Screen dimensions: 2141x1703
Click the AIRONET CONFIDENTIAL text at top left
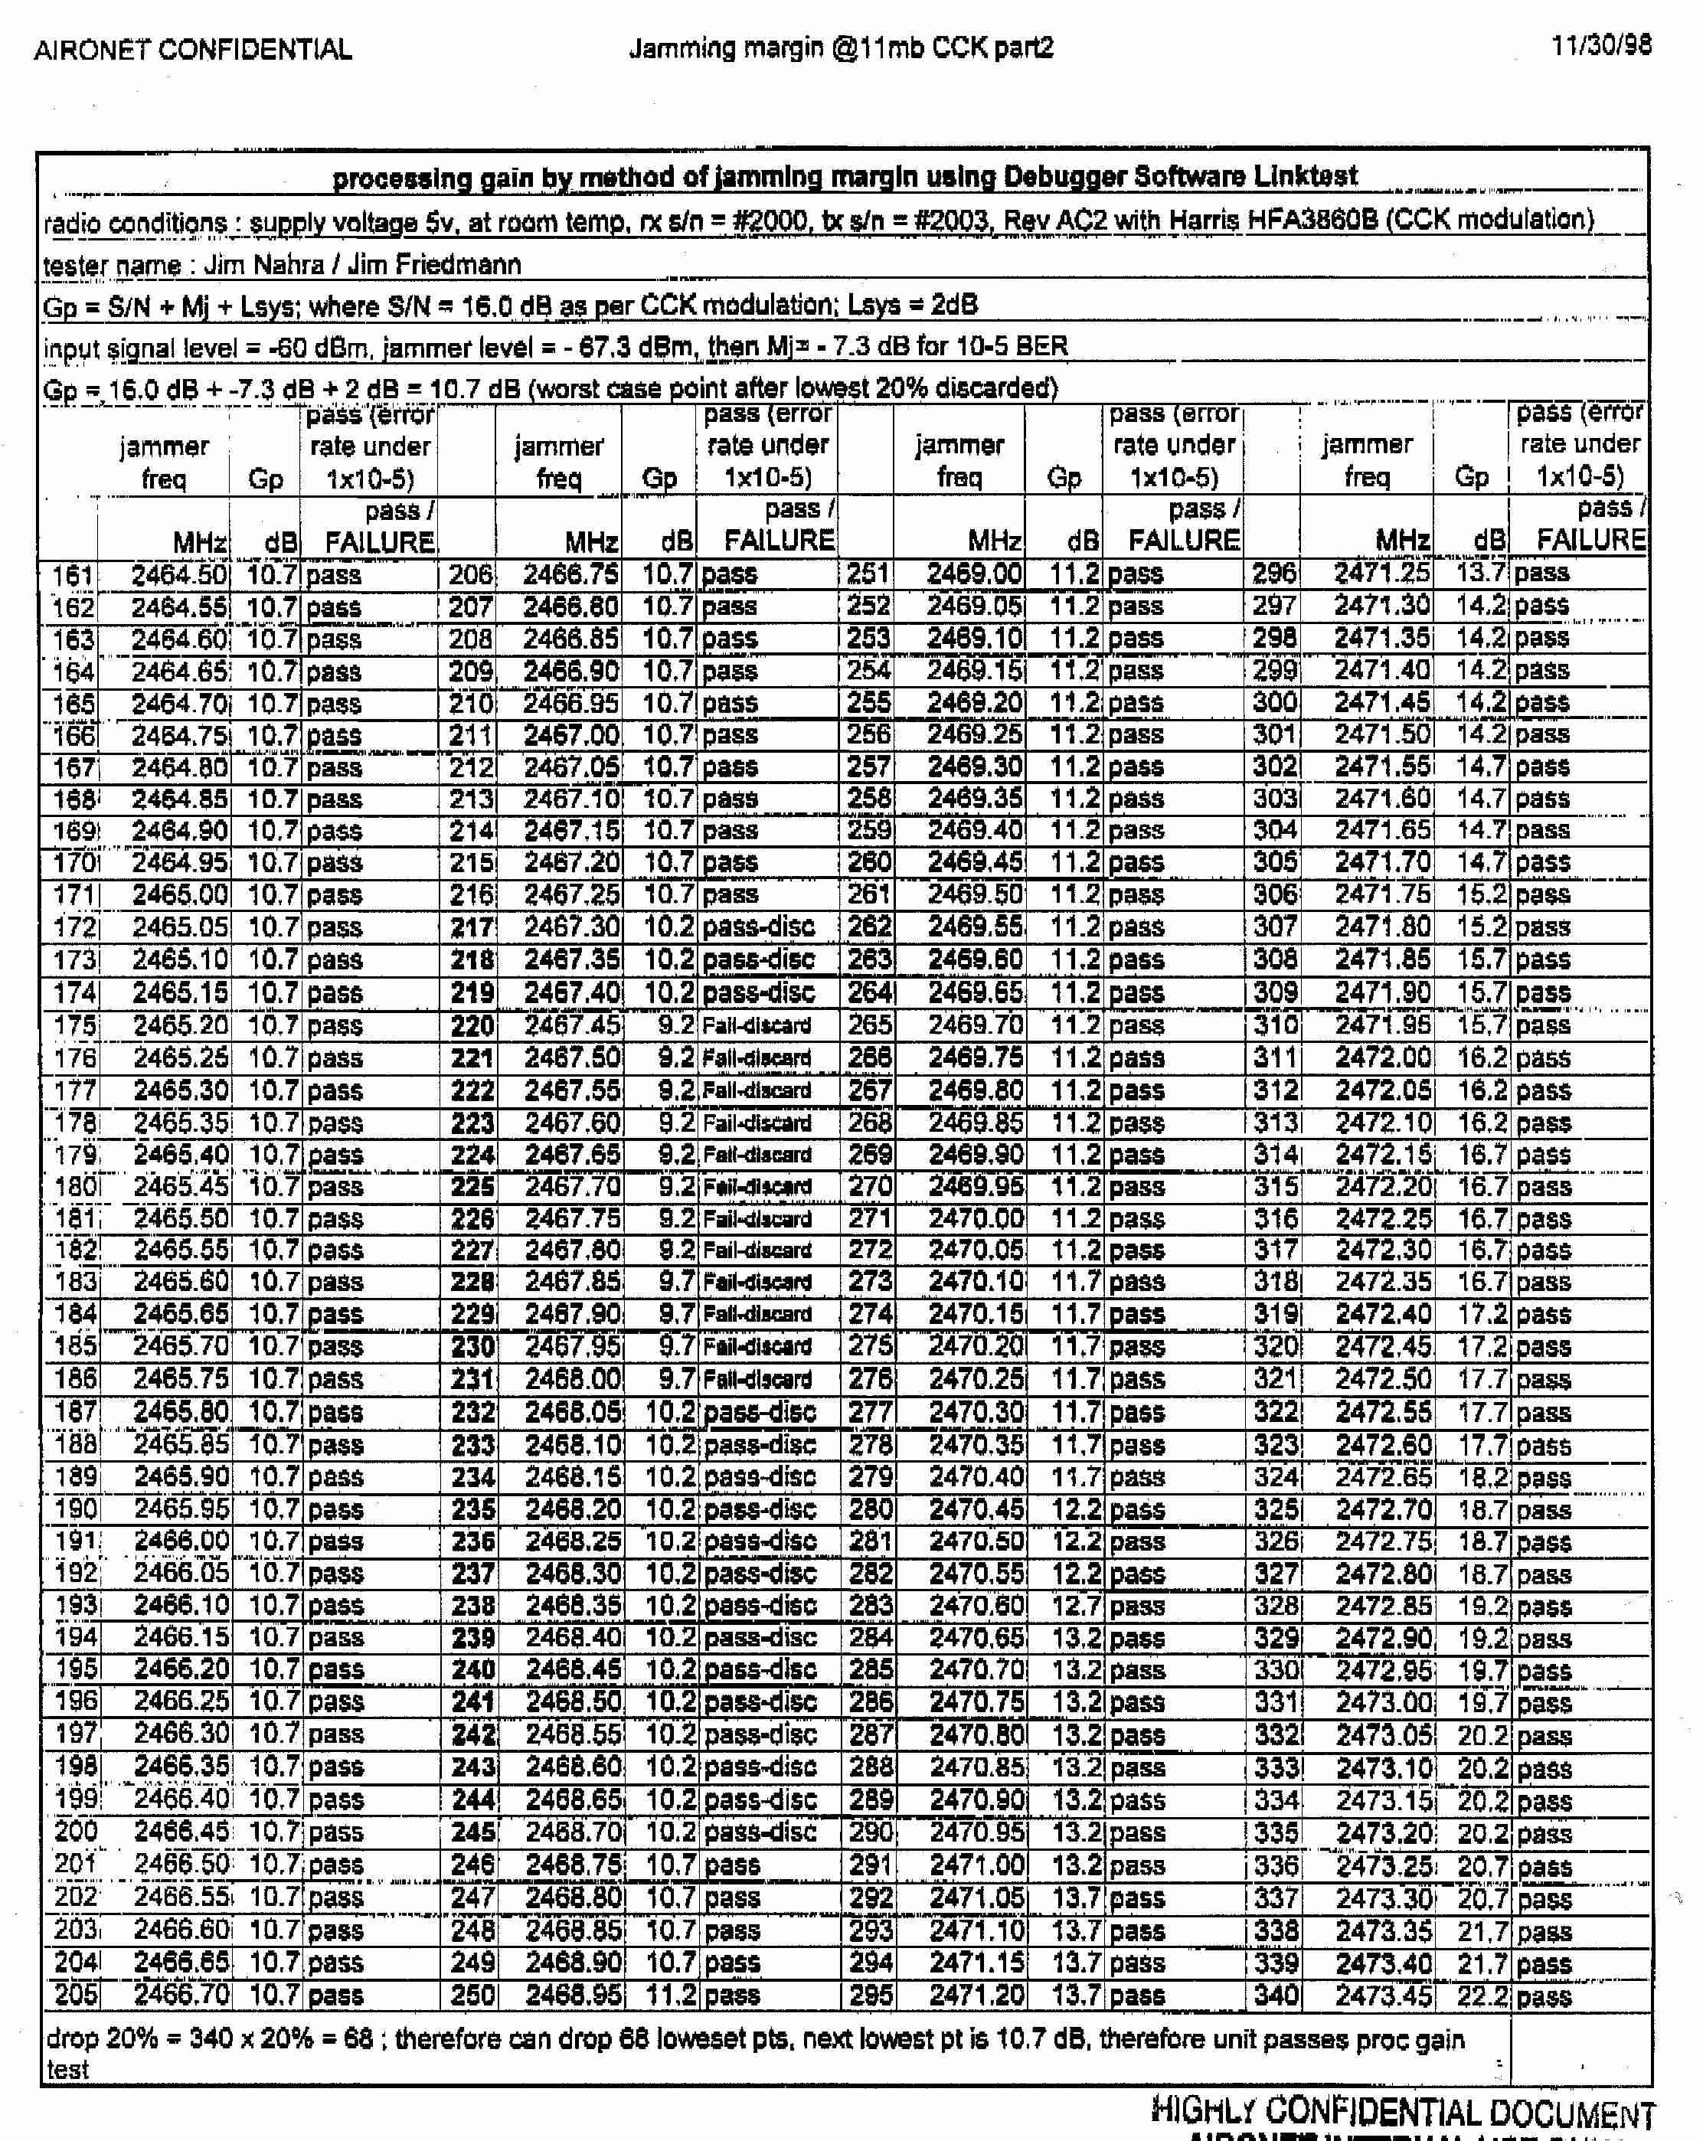(193, 50)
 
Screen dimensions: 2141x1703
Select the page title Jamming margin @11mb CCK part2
(841, 47)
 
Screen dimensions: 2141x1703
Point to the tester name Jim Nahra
(263, 265)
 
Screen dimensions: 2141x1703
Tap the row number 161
(73, 576)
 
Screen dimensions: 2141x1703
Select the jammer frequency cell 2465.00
(180, 894)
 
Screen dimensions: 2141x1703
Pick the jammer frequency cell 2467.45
(572, 1025)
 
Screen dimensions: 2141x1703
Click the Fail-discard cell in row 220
(757, 1025)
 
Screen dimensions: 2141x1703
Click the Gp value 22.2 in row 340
(1482, 1995)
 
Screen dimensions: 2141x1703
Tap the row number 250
(472, 1995)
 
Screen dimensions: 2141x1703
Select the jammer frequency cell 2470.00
(975, 1218)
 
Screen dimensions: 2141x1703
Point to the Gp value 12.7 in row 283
(1077, 1606)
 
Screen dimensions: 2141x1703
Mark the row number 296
(1274, 573)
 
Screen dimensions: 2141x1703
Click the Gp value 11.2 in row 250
(670, 1995)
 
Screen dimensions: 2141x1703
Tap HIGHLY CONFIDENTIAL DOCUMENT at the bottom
(1402, 2110)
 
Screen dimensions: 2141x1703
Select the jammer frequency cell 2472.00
(1383, 1057)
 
